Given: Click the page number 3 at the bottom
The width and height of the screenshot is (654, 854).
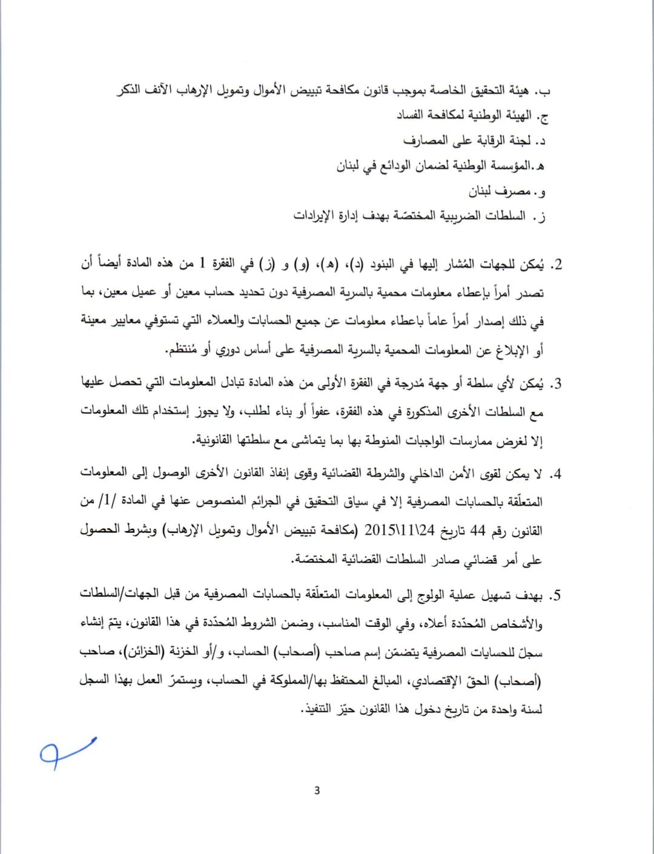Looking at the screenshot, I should (317, 790).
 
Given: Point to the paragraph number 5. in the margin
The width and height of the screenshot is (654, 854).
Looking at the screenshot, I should (555, 595).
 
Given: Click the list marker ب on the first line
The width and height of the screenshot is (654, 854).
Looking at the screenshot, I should (546, 91).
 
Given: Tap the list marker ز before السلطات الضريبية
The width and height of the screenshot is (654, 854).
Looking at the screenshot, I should (541, 217).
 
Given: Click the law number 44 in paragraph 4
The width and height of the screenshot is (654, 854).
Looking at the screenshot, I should (478, 531).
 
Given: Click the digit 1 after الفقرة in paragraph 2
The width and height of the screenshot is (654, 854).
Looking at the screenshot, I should (202, 264).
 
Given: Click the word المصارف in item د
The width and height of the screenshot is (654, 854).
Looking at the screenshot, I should (426, 141).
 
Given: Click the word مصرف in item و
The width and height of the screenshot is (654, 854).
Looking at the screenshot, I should (511, 192).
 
